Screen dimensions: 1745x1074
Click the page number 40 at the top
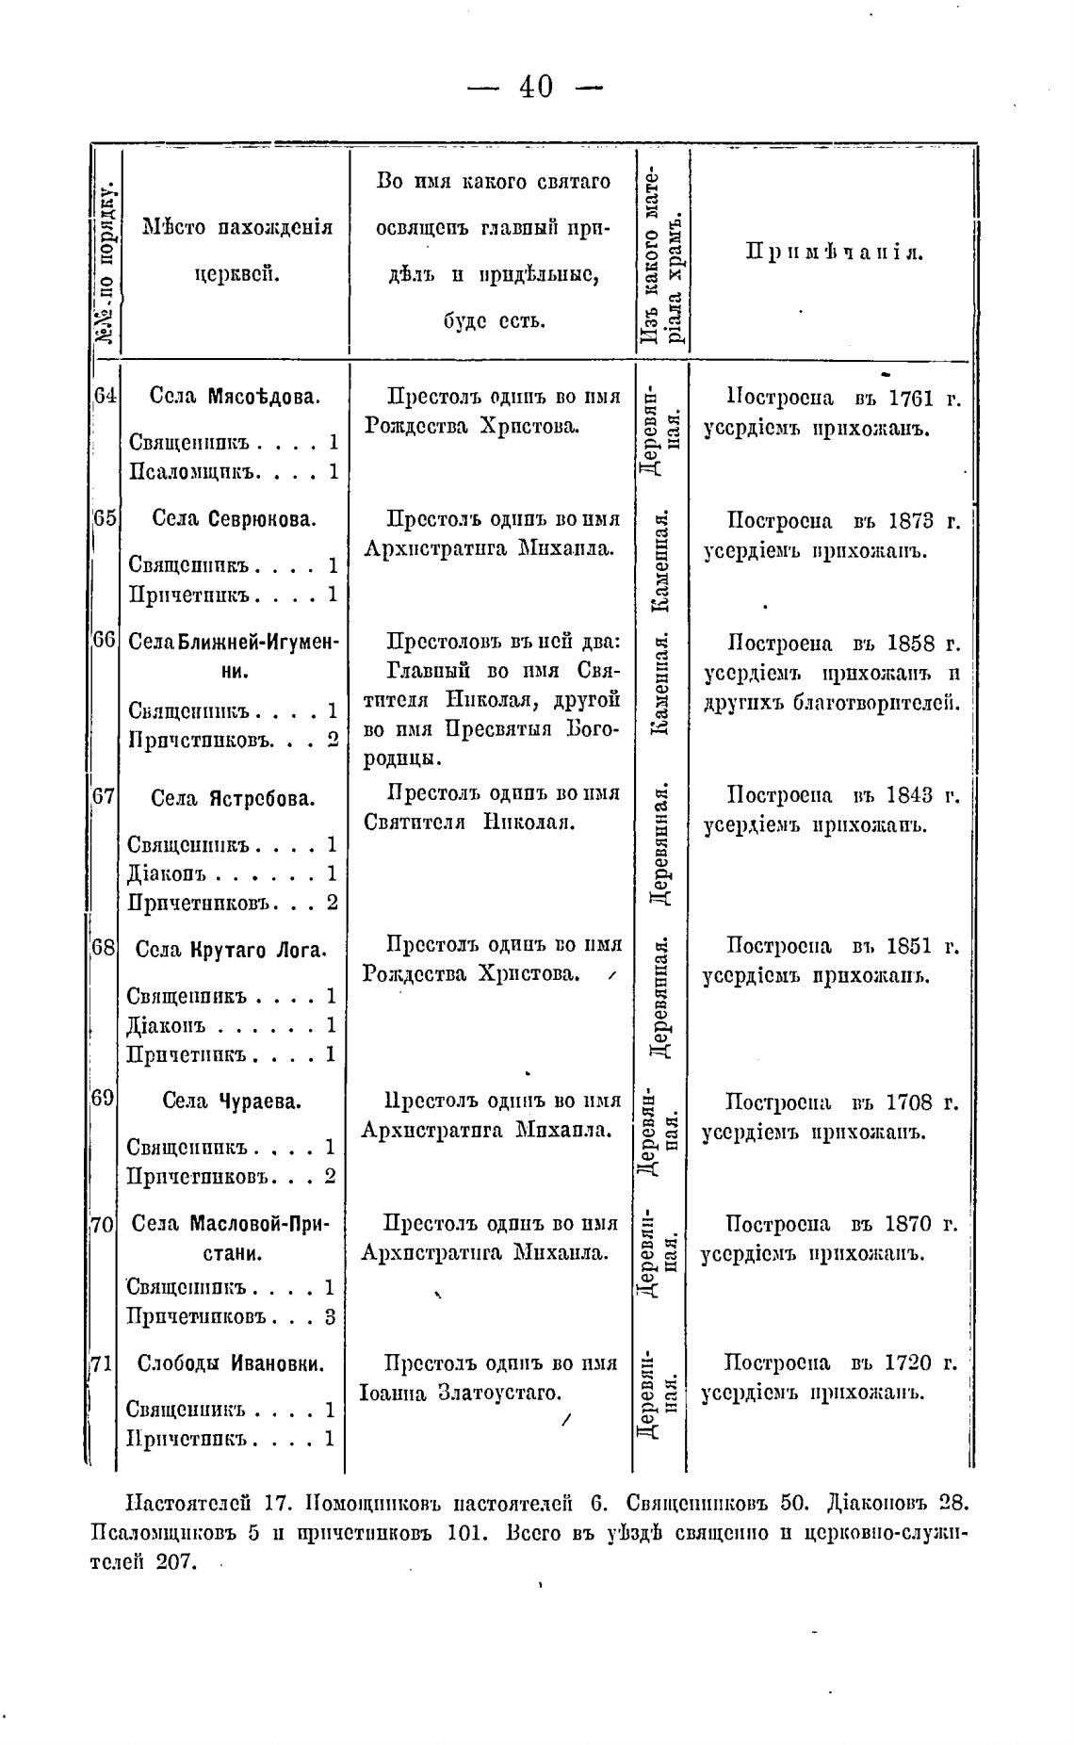pos(535,88)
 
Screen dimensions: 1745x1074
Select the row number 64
pos(105,396)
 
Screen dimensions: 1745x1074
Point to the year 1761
pos(910,399)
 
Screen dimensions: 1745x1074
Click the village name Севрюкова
pos(261,519)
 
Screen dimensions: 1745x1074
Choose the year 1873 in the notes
pos(910,521)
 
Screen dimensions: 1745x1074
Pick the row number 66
pos(104,640)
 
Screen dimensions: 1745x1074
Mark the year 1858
pos(910,644)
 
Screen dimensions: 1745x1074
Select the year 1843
pos(909,795)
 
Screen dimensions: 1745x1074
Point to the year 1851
pos(909,946)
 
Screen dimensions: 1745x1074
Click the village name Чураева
pos(258,1101)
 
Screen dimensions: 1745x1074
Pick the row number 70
pos(102,1225)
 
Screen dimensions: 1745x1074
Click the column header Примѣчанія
pos(835,252)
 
